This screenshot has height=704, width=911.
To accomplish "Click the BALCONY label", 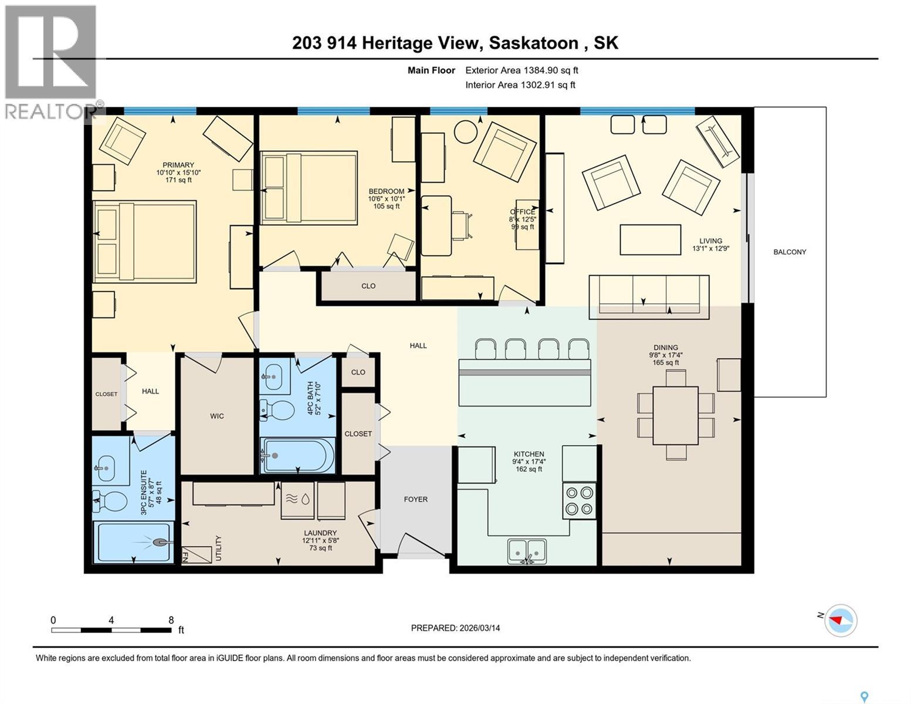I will pos(790,252).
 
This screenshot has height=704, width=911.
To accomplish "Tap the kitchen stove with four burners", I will pos(579,500).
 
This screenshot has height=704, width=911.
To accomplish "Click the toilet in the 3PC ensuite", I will pos(111,502).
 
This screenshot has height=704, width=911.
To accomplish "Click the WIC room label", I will pos(217,416).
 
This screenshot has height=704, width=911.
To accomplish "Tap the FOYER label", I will pos(415,499).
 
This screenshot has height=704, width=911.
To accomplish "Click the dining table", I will pos(675,415).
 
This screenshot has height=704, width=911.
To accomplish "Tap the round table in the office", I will pos(468,131).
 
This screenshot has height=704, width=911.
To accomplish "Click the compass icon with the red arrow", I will pos(840,620).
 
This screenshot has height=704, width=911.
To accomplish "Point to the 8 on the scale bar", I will pos(171,620).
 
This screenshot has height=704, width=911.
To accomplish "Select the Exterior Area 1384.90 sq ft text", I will pos(521,70).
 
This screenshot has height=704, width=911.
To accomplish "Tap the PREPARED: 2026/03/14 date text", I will pos(455,628).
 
